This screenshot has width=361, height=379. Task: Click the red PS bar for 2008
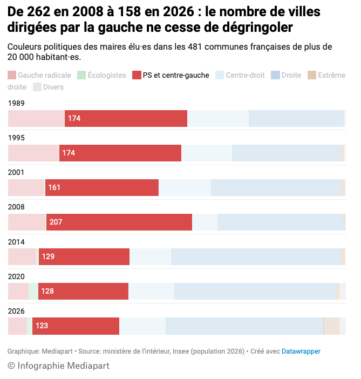119,222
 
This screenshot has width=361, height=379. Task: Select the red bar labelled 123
76,326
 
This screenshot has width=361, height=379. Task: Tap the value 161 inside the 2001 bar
55,187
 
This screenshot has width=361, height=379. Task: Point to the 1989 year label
17,103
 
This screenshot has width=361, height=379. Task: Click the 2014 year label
17,241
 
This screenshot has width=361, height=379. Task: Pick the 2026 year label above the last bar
17,310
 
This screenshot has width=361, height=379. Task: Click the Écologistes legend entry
102,75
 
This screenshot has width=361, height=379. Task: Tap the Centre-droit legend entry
240,75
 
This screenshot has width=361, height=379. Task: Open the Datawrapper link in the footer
301,351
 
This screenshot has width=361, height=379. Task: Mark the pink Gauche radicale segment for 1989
36,118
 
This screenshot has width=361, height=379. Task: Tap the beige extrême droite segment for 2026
331,326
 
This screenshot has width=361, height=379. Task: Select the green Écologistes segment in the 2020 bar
33,291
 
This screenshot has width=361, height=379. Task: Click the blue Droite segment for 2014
256,256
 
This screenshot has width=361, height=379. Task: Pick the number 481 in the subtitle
196,47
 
